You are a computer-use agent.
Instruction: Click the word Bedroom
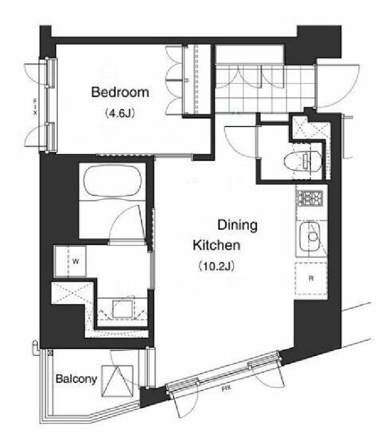pyautogui.click(x=120, y=92)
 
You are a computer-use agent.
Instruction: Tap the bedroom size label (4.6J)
pyautogui.click(x=119, y=113)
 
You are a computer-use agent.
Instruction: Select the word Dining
pyautogui.click(x=237, y=226)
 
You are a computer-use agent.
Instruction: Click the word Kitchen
pyautogui.click(x=216, y=245)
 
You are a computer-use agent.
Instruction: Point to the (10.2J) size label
pyautogui.click(x=216, y=266)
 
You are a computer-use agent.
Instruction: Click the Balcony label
pyautogui.click(x=76, y=379)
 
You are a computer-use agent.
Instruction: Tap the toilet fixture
pyautogui.click(x=302, y=160)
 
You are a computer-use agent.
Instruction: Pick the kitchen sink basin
pyautogui.click(x=310, y=236)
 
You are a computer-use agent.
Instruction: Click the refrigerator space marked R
pyautogui.click(x=311, y=279)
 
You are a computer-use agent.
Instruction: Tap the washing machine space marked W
pyautogui.click(x=70, y=261)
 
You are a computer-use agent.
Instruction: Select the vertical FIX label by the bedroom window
pyautogui.click(x=35, y=107)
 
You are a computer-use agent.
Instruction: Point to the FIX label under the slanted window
pyautogui.click(x=226, y=389)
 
